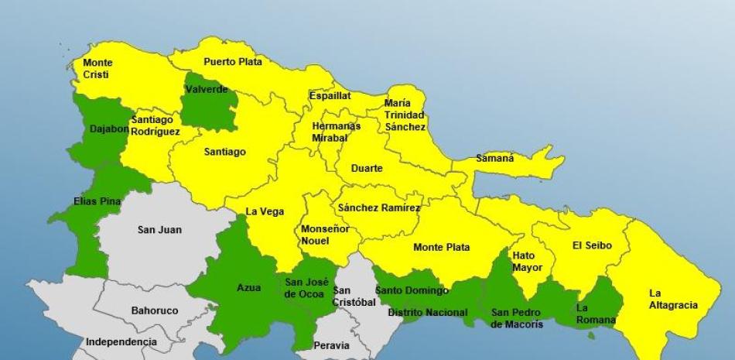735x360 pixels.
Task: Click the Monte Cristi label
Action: click(97, 69)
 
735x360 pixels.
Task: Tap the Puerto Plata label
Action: click(233, 62)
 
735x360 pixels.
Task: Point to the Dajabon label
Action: click(109, 129)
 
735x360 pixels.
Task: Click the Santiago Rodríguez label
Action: click(156, 125)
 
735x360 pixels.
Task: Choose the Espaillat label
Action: click(330, 96)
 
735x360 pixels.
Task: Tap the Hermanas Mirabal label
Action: click(336, 132)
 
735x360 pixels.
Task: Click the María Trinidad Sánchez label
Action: click(405, 115)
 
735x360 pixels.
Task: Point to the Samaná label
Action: click(494, 158)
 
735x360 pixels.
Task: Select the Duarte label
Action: click(367, 168)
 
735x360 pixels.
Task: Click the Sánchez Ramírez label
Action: click(379, 207)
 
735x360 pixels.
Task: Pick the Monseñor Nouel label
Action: click(325, 235)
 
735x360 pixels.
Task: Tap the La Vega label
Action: click(265, 211)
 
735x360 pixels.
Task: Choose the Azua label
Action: click(248, 288)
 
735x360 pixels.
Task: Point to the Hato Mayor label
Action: click(527, 262)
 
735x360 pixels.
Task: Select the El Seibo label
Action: click(592, 245)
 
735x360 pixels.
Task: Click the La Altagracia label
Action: click(673, 299)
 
